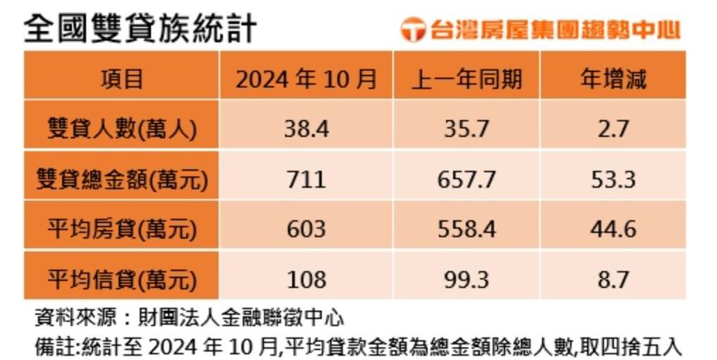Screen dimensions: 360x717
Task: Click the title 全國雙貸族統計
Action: (140, 29)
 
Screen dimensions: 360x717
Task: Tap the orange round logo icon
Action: (413, 30)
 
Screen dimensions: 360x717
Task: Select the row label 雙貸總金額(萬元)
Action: (121, 179)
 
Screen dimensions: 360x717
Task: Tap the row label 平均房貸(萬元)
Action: (121, 229)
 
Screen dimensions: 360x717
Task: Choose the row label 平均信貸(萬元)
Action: (121, 279)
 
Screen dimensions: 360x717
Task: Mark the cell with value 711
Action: (306, 179)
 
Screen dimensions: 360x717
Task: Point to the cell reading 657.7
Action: (466, 179)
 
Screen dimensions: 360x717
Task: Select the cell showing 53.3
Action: (613, 179)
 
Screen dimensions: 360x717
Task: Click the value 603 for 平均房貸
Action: (306, 229)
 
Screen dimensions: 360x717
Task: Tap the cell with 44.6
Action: (613, 229)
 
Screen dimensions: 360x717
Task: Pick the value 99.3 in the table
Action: (466, 279)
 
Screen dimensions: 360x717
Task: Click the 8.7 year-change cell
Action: (613, 279)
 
